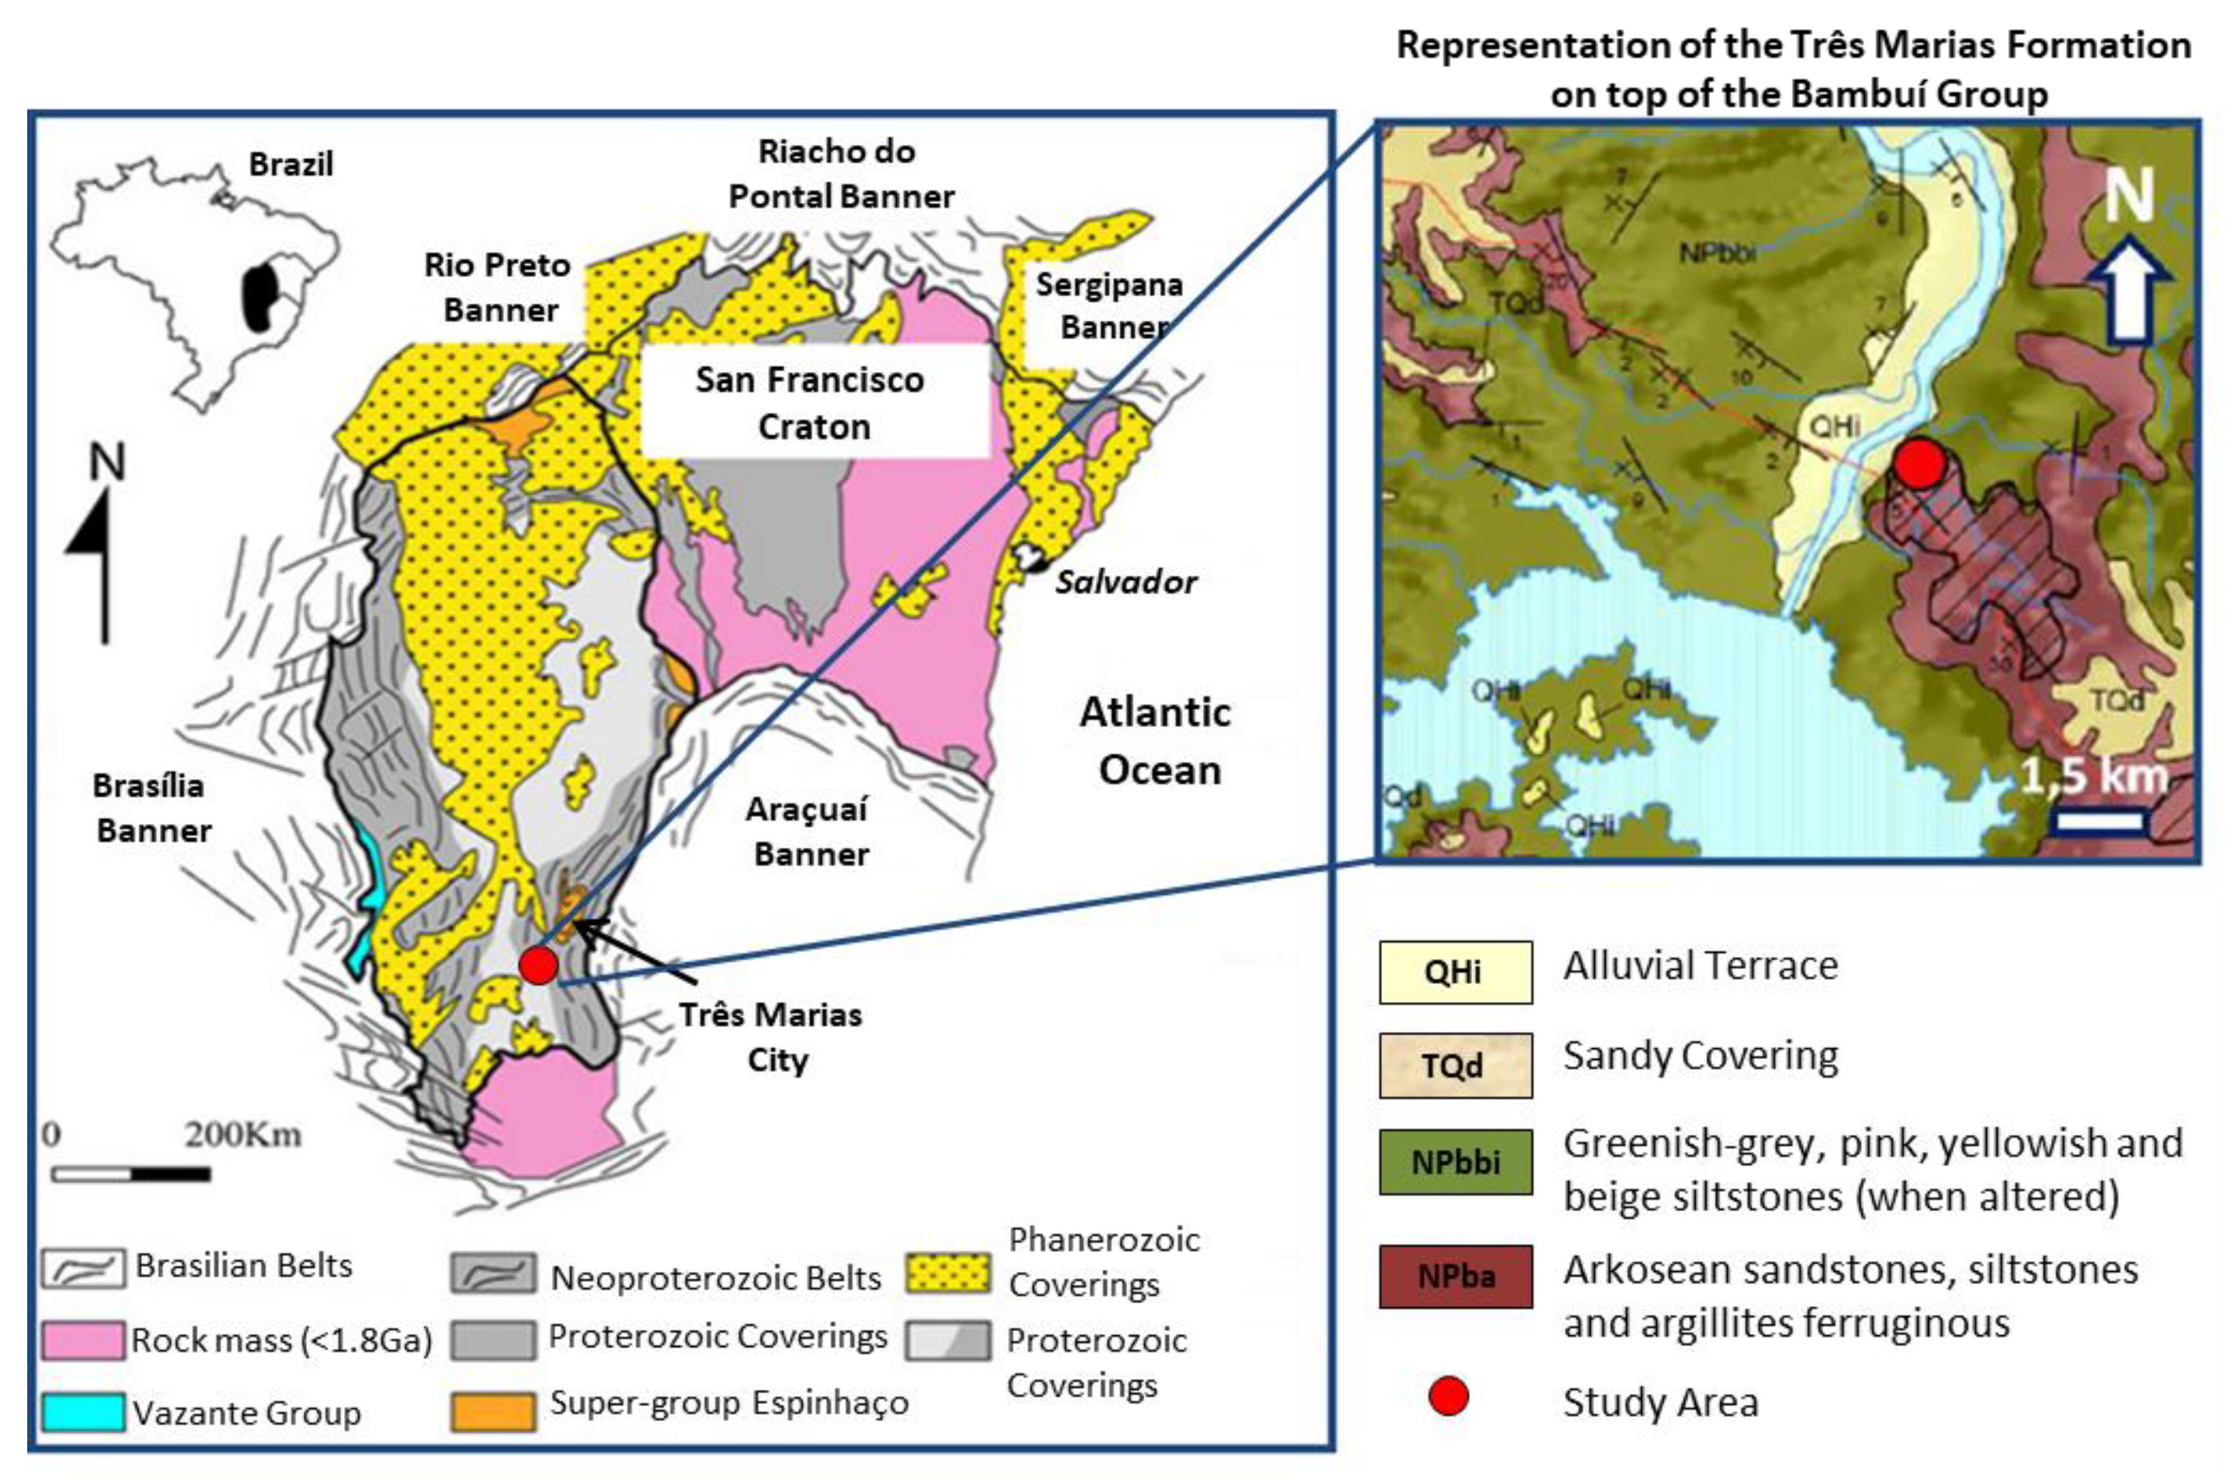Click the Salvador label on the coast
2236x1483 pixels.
1125,581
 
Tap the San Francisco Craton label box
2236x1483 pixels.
812,403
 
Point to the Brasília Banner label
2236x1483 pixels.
151,807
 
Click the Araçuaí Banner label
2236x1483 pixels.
808,831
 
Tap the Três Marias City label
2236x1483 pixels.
771,1037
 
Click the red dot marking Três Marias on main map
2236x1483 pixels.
539,965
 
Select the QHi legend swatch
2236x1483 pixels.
1454,972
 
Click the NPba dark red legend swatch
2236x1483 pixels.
1454,1276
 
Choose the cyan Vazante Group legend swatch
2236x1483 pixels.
83,1411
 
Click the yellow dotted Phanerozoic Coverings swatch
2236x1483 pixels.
948,1272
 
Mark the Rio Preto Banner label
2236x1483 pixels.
498,286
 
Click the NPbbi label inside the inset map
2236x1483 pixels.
1718,252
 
